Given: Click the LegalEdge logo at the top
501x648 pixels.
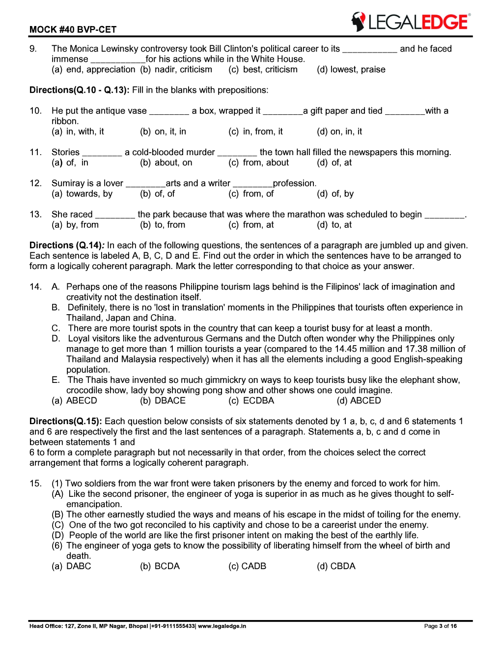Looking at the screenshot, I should click(x=411, y=22).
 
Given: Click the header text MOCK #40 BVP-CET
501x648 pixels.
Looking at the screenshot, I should click(x=73, y=29).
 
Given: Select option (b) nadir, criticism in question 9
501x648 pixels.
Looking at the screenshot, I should click(x=176, y=70).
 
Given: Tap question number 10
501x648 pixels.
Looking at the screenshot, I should click(x=35, y=111).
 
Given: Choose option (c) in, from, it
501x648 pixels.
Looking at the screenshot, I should click(x=255, y=132).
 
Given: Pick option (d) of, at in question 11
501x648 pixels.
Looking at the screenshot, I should click(x=334, y=162).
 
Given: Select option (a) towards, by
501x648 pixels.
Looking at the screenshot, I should click(x=82, y=194).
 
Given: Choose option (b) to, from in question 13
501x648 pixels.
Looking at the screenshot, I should click(x=163, y=225).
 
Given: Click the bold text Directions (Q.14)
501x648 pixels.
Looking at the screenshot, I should click(x=66, y=245).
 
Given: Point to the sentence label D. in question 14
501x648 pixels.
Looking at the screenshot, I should click(x=56, y=339).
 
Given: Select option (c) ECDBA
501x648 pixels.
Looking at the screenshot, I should click(x=251, y=401).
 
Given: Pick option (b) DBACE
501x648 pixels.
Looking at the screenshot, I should click(x=163, y=401).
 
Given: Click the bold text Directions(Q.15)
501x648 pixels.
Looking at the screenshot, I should click(x=65, y=421).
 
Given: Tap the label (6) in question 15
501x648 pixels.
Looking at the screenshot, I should click(x=57, y=545).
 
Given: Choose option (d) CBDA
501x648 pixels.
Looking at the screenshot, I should click(x=336, y=566).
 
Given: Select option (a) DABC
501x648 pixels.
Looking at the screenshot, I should click(x=71, y=566).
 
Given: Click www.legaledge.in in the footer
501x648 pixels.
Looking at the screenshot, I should click(x=222, y=626).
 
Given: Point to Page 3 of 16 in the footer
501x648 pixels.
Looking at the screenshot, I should click(x=440, y=626).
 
